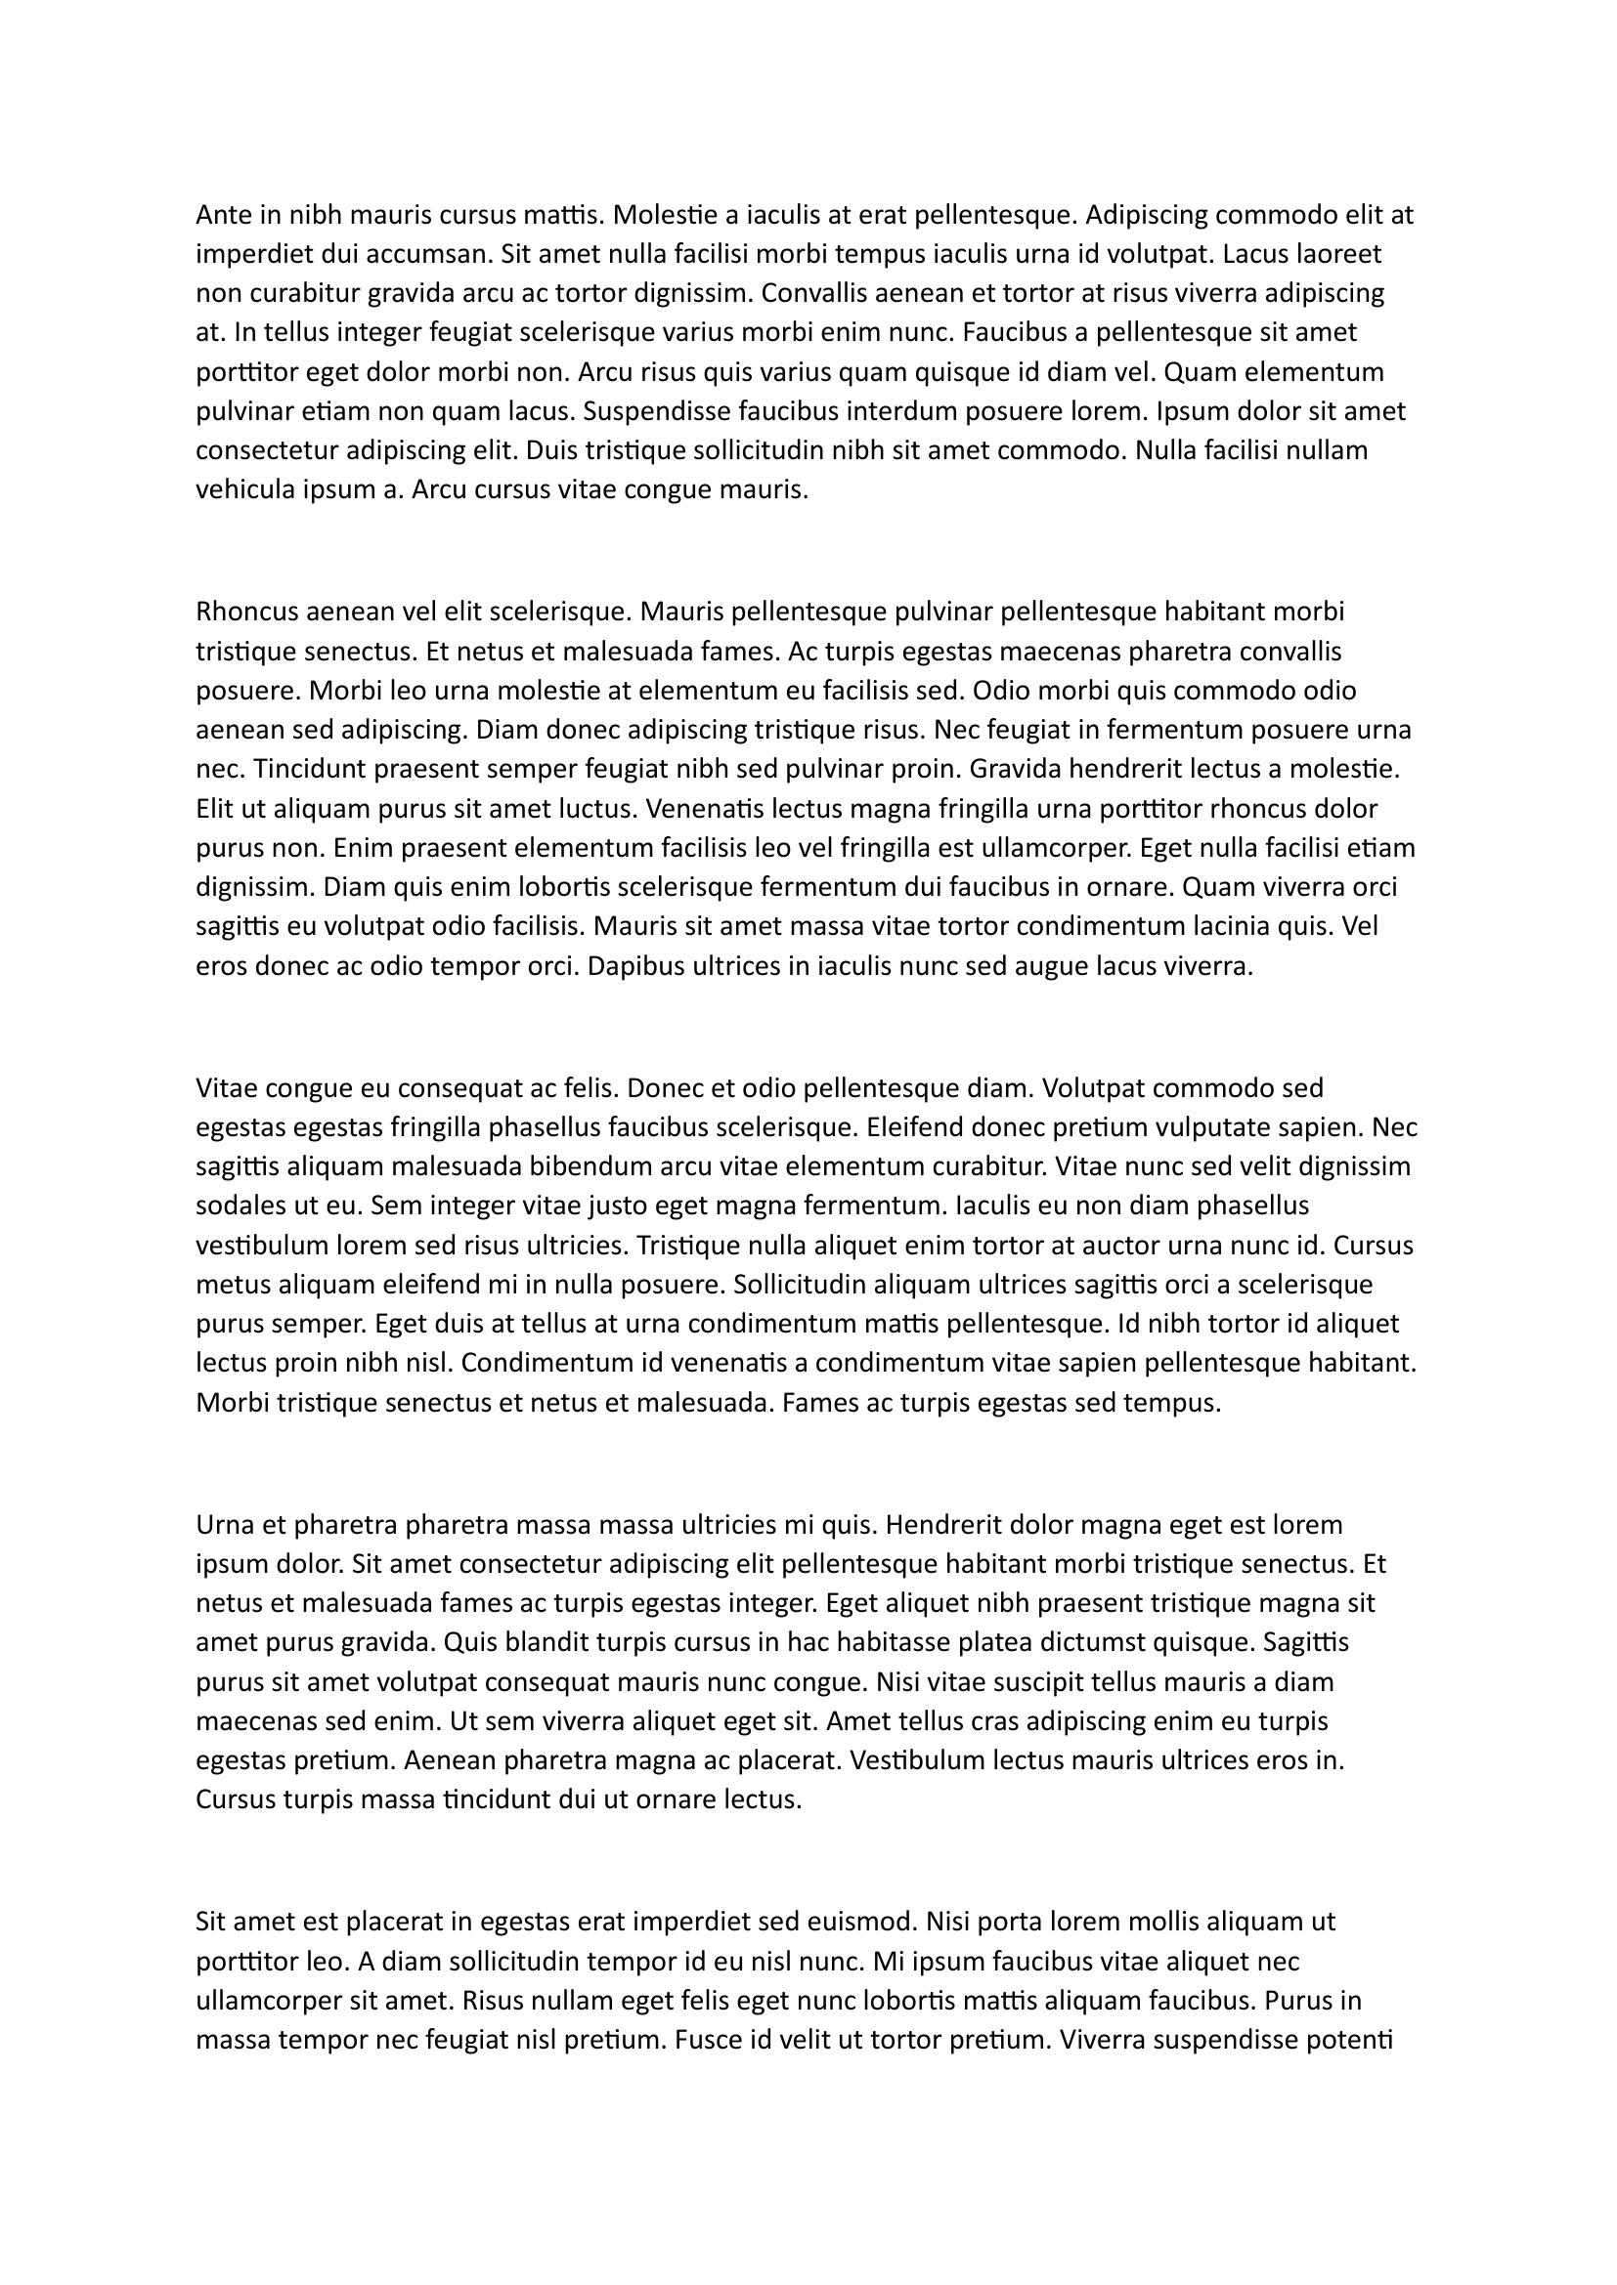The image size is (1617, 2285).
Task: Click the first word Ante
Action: tap(224, 215)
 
